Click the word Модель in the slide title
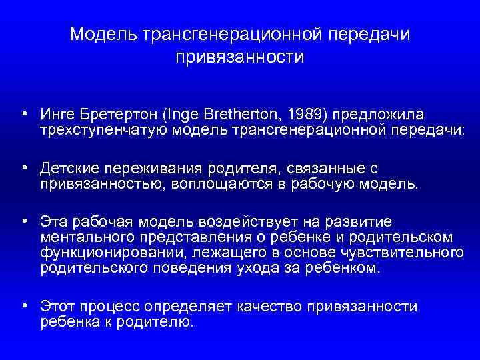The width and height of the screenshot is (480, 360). point(103,34)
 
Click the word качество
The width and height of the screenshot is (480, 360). point(269,307)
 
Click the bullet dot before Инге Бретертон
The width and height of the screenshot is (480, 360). point(24,113)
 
